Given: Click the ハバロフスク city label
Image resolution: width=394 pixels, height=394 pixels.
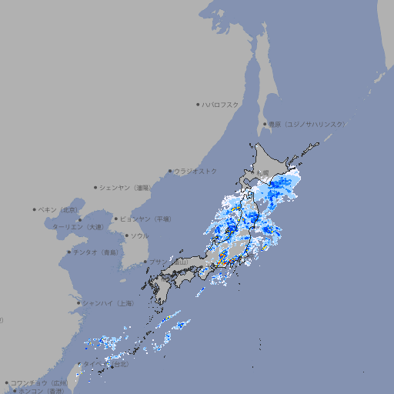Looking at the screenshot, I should (x=221, y=104).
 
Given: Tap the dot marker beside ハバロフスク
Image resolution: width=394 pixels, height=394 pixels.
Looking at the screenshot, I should (x=198, y=104).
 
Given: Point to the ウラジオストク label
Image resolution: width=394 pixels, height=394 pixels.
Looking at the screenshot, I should (x=195, y=171).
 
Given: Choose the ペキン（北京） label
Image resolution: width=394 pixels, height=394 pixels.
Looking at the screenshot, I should (x=59, y=209).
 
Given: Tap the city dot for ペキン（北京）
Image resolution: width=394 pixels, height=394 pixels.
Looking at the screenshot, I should (x=35, y=209).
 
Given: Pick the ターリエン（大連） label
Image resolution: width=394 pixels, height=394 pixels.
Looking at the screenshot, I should (x=77, y=227).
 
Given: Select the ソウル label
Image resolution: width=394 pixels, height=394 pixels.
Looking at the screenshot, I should (x=139, y=235).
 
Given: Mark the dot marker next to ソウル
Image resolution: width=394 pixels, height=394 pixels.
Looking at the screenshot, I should (x=125, y=235).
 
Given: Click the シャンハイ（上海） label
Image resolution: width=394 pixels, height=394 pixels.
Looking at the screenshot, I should (x=108, y=303).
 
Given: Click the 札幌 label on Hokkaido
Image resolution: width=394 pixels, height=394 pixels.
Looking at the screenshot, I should (x=263, y=172).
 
